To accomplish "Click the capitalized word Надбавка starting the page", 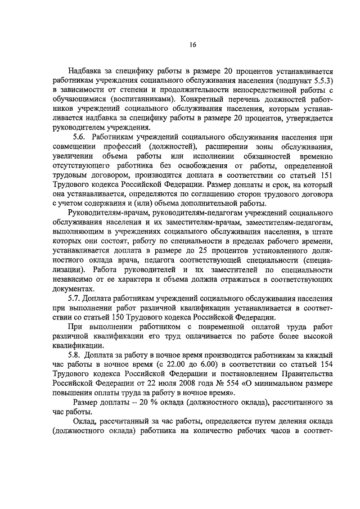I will coord(85,72).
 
